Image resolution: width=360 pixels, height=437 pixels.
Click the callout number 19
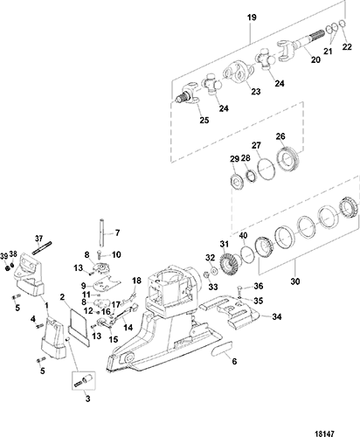[252, 17]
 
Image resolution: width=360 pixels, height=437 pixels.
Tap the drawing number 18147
[324, 434]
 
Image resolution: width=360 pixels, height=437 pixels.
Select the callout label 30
[295, 281]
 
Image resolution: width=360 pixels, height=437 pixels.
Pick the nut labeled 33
[205, 274]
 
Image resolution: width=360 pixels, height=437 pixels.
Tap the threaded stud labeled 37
[42, 247]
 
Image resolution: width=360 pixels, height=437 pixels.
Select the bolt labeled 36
[239, 289]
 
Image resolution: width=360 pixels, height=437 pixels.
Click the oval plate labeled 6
[222, 349]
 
